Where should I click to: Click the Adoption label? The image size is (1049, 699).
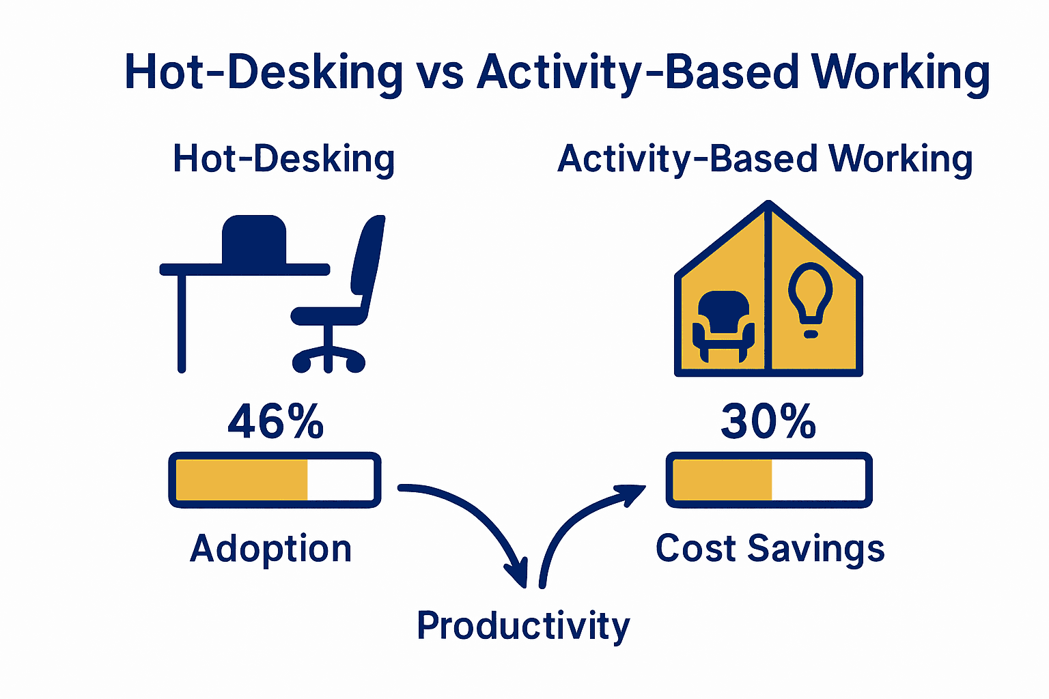click(x=270, y=549)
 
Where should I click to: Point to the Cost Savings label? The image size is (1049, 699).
click(x=770, y=549)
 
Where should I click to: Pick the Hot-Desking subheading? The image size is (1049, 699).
click(x=284, y=159)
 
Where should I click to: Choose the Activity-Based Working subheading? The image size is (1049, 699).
click(x=765, y=159)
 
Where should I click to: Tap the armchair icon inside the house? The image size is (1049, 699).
click(x=723, y=326)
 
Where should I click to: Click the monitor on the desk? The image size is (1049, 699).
click(x=254, y=240)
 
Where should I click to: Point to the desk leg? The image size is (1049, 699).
click(x=182, y=324)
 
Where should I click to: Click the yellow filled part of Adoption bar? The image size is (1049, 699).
click(x=242, y=480)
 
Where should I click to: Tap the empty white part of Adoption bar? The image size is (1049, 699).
click(x=341, y=480)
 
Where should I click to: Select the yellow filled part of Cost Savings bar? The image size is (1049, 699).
click(x=722, y=480)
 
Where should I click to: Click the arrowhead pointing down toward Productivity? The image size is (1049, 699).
click(x=518, y=573)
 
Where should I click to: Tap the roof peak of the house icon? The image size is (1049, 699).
click(x=768, y=203)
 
